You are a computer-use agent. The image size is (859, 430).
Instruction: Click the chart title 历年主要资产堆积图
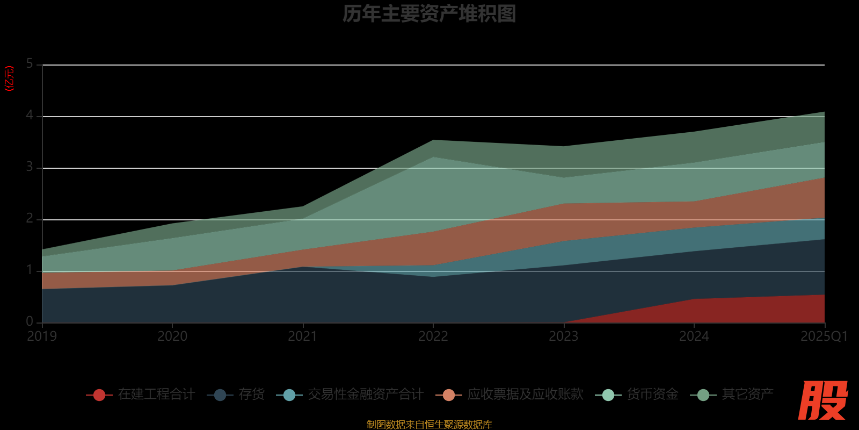(429, 14)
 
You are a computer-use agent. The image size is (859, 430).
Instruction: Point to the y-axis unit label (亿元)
(9, 78)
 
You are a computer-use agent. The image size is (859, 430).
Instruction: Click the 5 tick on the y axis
(30, 64)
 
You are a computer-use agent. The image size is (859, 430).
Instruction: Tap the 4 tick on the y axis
(30, 116)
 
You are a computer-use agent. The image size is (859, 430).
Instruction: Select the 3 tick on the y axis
(30, 167)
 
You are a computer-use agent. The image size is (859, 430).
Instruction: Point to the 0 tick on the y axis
(30, 321)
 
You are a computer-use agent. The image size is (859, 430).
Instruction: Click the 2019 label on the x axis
(42, 336)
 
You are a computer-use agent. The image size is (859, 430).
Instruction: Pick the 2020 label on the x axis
(172, 336)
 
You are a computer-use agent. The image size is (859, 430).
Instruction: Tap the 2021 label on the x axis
(303, 336)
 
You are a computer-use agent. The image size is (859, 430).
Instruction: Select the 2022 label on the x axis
(433, 336)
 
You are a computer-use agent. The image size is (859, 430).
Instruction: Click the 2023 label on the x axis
(564, 336)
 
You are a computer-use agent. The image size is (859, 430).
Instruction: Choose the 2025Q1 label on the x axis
(824, 336)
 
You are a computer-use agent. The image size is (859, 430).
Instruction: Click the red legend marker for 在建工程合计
(99, 395)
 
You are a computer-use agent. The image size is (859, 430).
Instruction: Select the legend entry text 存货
(252, 395)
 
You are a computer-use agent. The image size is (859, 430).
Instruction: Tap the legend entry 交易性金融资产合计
(366, 395)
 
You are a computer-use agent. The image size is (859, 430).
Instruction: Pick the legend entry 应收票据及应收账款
(525, 395)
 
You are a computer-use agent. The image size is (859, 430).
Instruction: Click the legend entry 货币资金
(652, 395)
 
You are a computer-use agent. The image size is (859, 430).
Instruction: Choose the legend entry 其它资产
(747, 395)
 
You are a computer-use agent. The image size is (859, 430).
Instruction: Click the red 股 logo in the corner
(822, 401)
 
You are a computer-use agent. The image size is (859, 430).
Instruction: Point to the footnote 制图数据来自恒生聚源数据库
(429, 425)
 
